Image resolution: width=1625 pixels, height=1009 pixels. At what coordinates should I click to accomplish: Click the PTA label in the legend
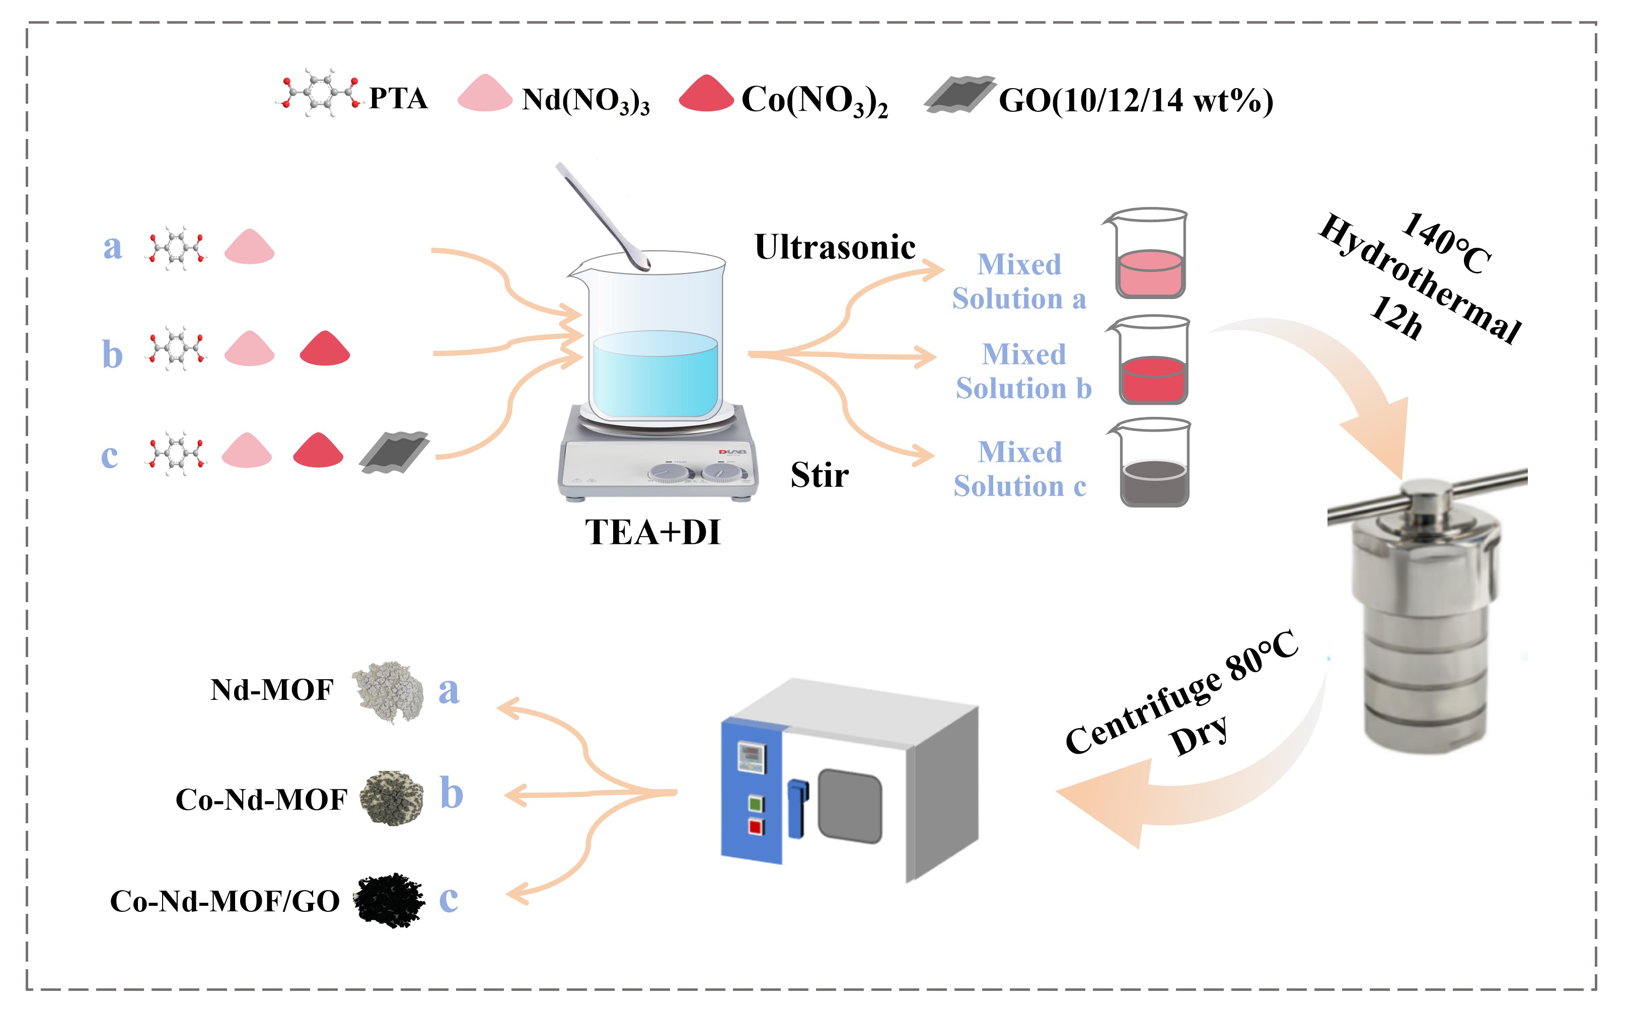(x=398, y=98)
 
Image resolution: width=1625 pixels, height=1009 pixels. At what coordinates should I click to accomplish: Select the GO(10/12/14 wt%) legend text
(x=1135, y=100)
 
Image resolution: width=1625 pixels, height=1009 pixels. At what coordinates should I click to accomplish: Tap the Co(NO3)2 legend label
(x=815, y=100)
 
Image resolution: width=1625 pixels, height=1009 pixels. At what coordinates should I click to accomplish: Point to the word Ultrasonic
(x=835, y=247)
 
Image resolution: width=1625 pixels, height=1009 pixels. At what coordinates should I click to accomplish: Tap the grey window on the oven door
(x=849, y=806)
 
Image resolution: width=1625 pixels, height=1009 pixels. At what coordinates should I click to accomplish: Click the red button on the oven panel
(x=755, y=827)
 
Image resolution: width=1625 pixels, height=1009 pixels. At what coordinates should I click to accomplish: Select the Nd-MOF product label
(x=271, y=690)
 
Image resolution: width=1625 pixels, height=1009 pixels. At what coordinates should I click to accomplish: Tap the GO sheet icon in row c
(x=394, y=453)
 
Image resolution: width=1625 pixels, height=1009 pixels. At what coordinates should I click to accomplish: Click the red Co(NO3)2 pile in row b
(x=325, y=348)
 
